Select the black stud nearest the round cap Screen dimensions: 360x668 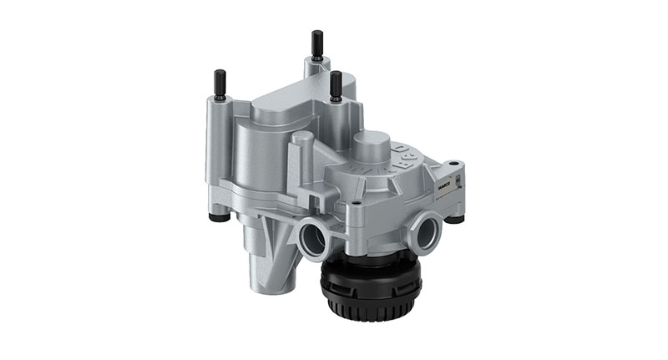tap(336, 85)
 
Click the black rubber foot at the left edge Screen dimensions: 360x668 tap(220, 218)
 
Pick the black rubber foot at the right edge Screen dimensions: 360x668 tap(455, 219)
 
